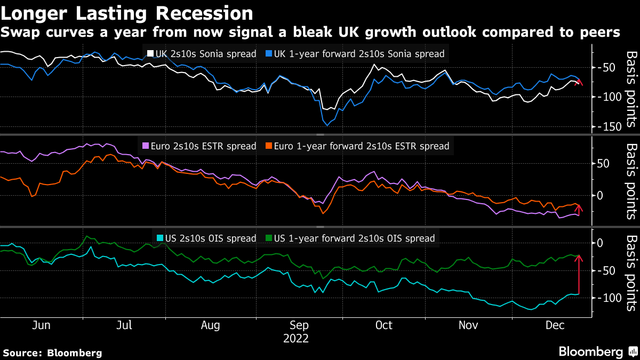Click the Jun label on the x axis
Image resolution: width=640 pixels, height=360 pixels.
point(41,325)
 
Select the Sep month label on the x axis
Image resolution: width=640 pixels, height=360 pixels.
point(299,325)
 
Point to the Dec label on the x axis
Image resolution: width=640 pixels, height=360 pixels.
point(555,325)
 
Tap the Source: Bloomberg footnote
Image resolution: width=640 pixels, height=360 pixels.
point(52,353)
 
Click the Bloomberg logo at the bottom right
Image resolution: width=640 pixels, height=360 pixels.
point(597,351)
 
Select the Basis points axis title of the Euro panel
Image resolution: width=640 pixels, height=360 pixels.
point(631,181)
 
